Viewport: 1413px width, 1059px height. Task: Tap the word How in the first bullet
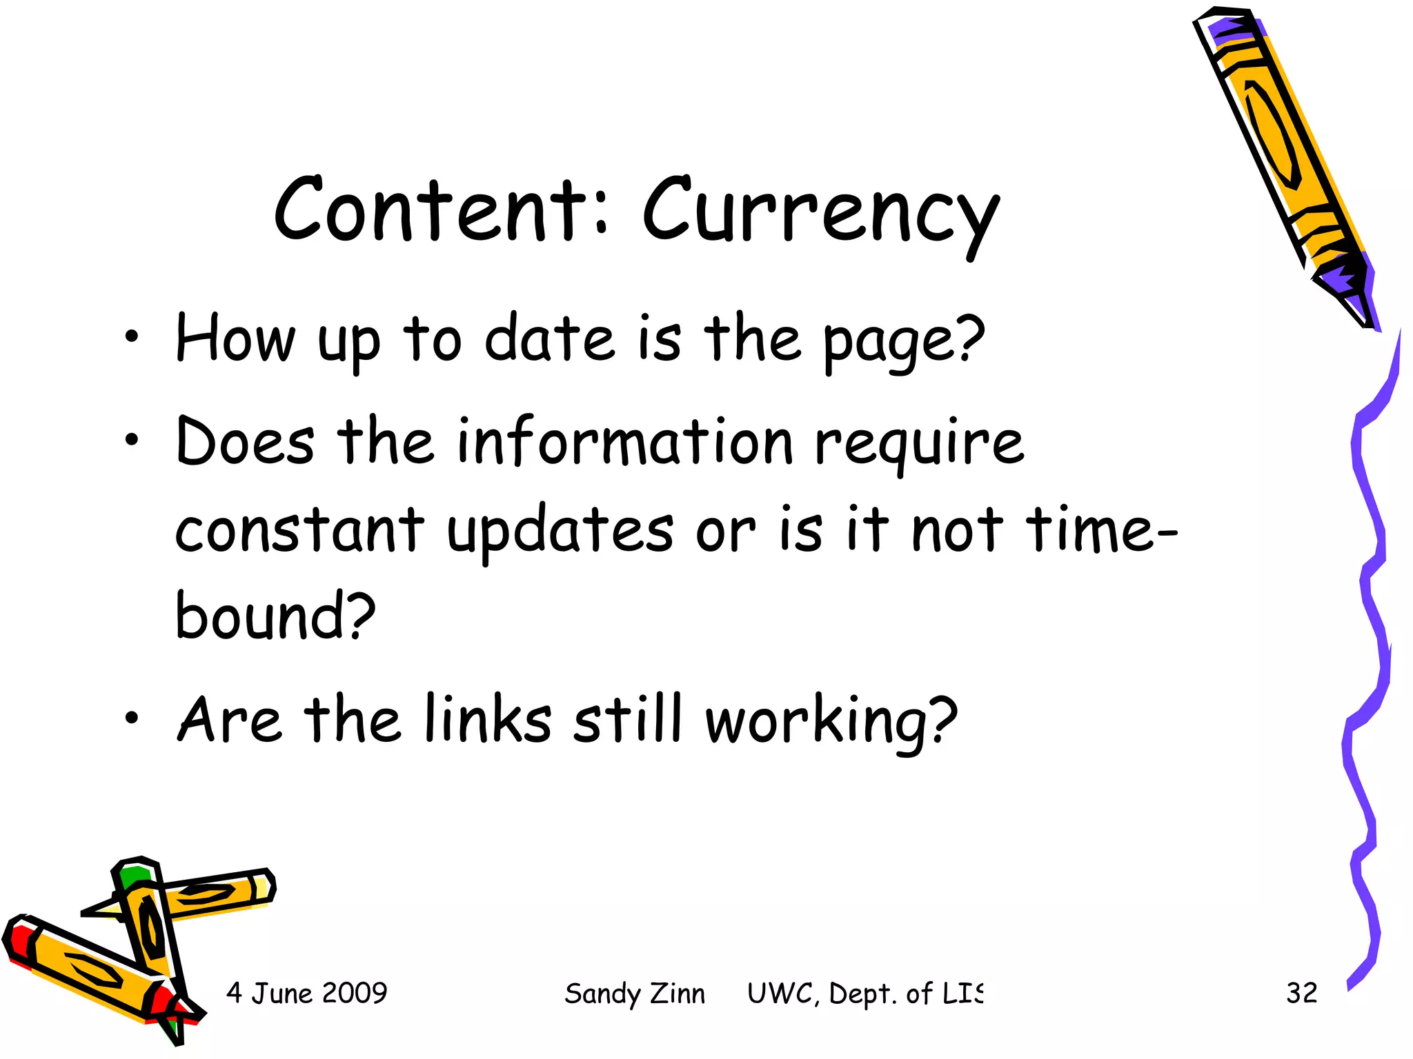[235, 339]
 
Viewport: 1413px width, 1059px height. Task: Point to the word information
[624, 442]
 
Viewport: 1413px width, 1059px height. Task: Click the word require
[920, 443]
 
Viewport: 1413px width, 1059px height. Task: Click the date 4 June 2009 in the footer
[306, 993]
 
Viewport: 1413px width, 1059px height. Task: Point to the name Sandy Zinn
[635, 994]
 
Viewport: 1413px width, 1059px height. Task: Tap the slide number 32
[1301, 993]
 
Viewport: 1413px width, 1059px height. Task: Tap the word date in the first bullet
[549, 339]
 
